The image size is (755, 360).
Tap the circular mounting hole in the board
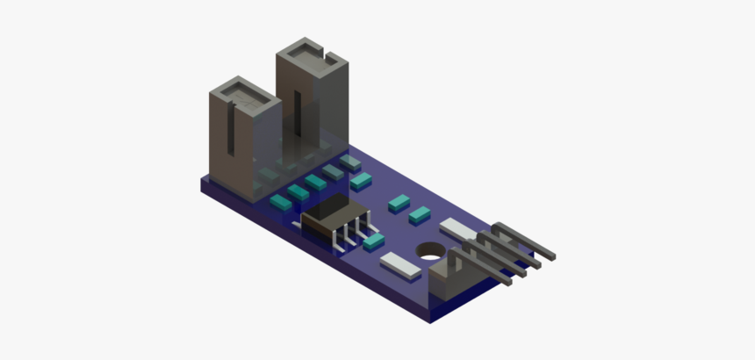pyautogui.click(x=431, y=251)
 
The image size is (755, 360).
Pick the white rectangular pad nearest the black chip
pyautogui.click(x=399, y=263)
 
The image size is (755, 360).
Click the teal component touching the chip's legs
pyautogui.click(x=374, y=241)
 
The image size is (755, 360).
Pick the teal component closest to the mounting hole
pyautogui.click(x=419, y=212)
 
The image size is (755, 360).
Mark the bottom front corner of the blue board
pyautogui.click(x=430, y=320)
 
